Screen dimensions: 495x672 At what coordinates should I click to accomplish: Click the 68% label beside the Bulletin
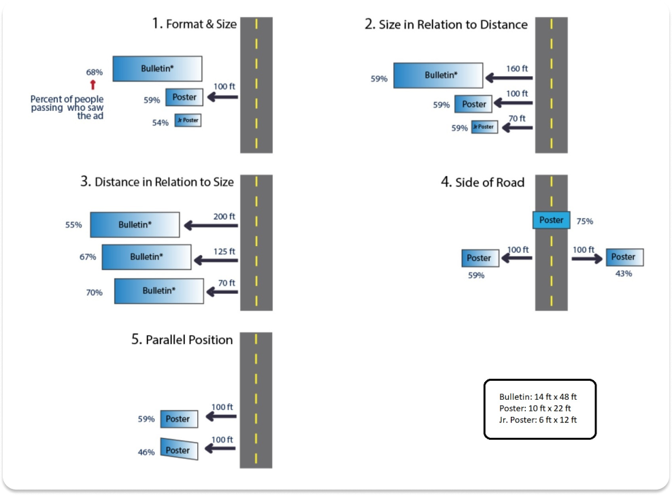pyautogui.click(x=95, y=71)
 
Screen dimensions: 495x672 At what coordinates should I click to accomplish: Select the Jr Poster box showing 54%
pyautogui.click(x=187, y=120)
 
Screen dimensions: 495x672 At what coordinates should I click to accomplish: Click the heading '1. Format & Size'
pyautogui.click(x=195, y=24)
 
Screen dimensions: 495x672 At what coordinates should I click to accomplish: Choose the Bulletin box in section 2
pyautogui.click(x=438, y=75)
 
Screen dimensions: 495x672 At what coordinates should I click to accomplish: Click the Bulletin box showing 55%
pyautogui.click(x=135, y=224)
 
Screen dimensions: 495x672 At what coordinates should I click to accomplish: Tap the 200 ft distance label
pyautogui.click(x=223, y=216)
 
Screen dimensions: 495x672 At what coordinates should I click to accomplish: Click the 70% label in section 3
pyautogui.click(x=95, y=292)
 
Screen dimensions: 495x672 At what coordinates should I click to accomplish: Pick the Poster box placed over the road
pyautogui.click(x=551, y=220)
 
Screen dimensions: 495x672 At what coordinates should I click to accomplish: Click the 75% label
pyautogui.click(x=585, y=221)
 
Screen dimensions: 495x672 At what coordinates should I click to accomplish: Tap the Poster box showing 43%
pyautogui.click(x=624, y=257)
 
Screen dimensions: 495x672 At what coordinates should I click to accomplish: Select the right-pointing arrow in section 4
pyautogui.click(x=584, y=258)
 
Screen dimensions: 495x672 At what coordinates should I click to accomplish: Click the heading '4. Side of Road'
pyautogui.click(x=482, y=182)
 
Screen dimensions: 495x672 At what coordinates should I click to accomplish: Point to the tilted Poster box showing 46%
pyautogui.click(x=180, y=449)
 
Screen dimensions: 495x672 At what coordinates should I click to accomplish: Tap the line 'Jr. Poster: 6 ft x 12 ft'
pyautogui.click(x=537, y=420)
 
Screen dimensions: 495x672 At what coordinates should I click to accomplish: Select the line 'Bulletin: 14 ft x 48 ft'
pyautogui.click(x=537, y=396)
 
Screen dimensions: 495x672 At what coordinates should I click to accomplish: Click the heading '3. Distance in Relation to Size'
pyautogui.click(x=157, y=182)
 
